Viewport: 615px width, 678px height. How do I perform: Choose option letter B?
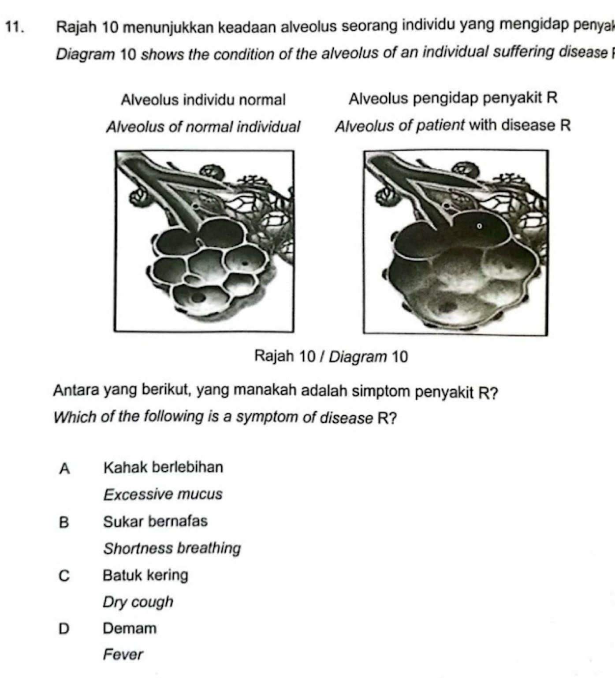click(x=64, y=522)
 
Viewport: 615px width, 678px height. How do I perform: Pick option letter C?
click(x=64, y=576)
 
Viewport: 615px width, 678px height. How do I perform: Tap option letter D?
click(x=64, y=629)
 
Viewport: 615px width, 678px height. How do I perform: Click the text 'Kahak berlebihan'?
click(x=163, y=467)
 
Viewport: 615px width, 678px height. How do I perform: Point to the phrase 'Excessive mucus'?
click(x=163, y=495)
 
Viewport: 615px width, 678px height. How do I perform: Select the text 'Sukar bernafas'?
click(x=155, y=522)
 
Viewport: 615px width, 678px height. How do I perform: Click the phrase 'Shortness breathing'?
click(x=172, y=549)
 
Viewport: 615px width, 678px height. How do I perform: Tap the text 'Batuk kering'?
click(x=145, y=575)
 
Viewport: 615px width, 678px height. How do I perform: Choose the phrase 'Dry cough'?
click(x=138, y=603)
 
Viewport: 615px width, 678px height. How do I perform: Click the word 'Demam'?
click(x=130, y=629)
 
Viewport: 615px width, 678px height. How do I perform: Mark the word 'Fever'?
click(x=123, y=655)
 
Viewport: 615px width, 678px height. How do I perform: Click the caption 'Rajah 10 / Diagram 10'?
click(x=331, y=357)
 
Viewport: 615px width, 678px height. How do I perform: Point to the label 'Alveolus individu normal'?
click(x=203, y=100)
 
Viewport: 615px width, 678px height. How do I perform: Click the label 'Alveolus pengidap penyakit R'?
click(x=453, y=98)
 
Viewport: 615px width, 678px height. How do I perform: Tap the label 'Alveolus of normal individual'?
click(x=203, y=127)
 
